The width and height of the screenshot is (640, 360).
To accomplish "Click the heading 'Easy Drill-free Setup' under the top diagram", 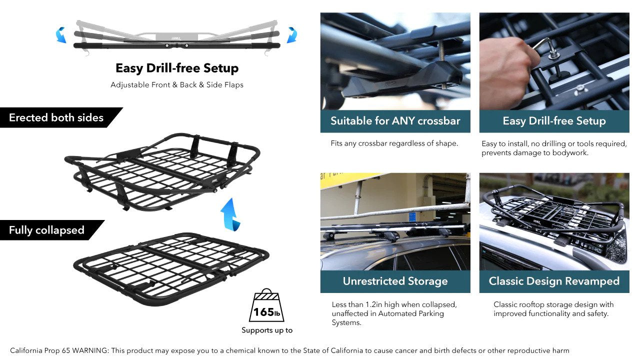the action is click(x=177, y=68).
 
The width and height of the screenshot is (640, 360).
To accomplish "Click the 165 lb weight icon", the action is click(x=266, y=305).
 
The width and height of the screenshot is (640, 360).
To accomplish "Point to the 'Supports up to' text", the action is click(x=267, y=330).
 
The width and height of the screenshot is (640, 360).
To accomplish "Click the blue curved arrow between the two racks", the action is click(x=230, y=215).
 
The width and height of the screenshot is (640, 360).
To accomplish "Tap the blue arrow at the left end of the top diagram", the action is click(x=61, y=35).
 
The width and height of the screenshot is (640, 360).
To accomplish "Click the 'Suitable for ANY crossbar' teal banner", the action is click(x=395, y=121).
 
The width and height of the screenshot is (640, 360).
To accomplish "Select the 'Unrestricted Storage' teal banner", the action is click(x=395, y=281).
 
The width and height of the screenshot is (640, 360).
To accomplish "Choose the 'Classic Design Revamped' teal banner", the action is click(x=554, y=281).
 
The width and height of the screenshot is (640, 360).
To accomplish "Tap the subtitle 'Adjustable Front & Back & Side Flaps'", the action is click(x=177, y=85).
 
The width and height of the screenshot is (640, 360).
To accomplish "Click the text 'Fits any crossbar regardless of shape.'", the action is click(x=394, y=143).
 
